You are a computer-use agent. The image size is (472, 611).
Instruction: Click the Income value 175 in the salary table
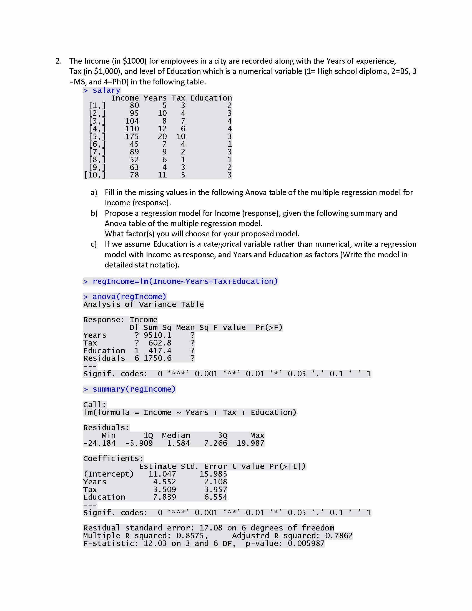(x=132, y=137)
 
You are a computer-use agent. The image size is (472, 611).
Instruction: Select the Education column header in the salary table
(x=211, y=98)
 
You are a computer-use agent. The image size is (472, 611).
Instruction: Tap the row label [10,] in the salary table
(x=95, y=175)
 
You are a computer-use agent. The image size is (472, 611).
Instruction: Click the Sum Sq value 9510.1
(x=157, y=335)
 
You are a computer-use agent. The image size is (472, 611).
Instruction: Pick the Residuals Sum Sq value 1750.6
(x=157, y=358)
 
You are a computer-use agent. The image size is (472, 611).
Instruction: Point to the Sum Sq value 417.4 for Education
(x=160, y=351)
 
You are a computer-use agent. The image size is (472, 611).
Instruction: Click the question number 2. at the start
(x=59, y=61)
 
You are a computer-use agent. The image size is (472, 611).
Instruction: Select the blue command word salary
(x=106, y=90)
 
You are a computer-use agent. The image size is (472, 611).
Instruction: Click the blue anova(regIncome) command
(x=129, y=297)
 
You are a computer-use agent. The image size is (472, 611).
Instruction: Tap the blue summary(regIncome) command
(x=134, y=389)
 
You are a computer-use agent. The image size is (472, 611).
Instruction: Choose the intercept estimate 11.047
(x=162, y=474)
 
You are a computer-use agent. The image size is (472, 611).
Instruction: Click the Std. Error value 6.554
(x=215, y=497)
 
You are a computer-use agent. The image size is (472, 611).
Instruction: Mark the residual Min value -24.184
(x=100, y=443)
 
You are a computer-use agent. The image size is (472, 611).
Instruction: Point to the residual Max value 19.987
(x=250, y=443)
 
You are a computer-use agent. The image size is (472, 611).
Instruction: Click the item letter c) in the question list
(x=94, y=244)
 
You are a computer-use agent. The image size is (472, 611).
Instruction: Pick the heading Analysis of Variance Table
(x=144, y=304)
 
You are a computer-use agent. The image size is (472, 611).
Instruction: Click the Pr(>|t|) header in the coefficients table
(x=287, y=466)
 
